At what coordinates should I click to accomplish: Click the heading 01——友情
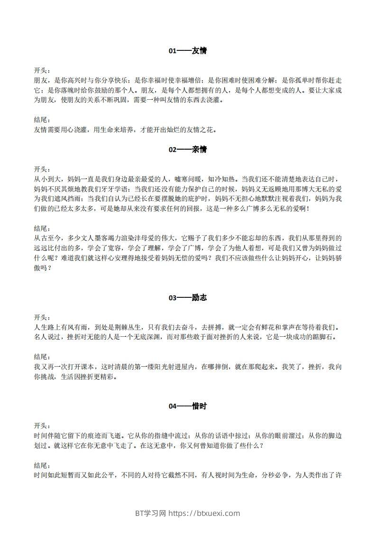point(188,50)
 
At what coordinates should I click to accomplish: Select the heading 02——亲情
point(188,149)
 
